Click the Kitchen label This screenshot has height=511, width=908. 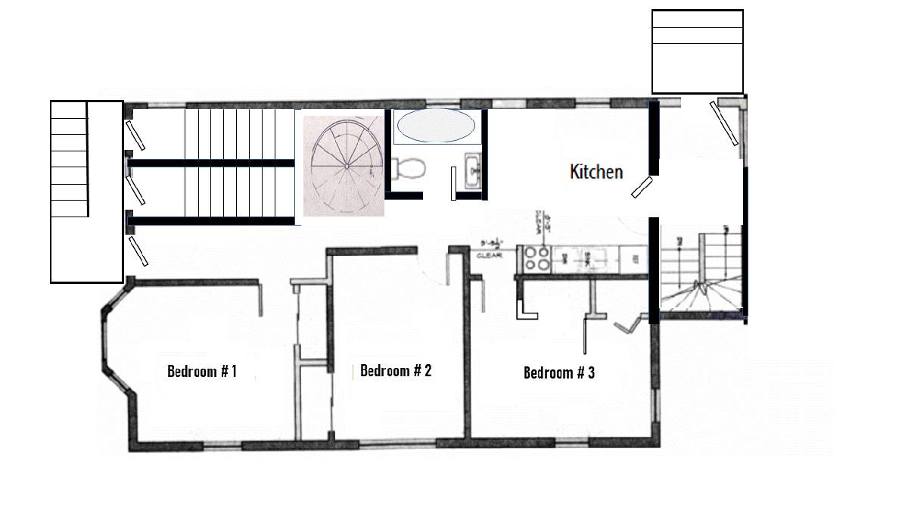pos(596,172)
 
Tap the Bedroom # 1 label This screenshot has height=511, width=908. pos(202,372)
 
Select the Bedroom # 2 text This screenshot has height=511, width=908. pos(396,371)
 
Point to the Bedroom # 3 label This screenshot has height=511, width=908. pos(559,372)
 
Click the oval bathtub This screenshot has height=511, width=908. pos(436,126)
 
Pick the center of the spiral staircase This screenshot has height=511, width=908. pos(346,166)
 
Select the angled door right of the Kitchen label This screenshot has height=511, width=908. pos(642,186)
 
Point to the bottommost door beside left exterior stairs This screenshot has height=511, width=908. pos(138,251)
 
